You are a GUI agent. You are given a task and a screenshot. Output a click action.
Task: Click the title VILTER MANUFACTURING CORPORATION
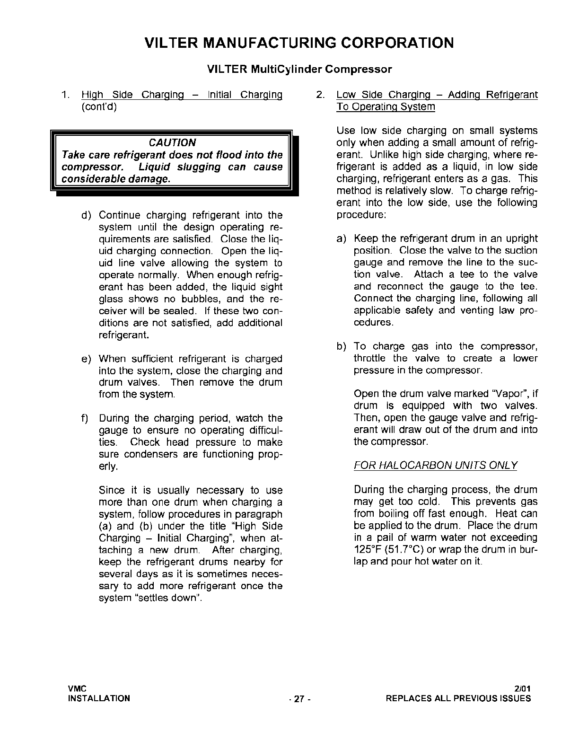tap(299, 43)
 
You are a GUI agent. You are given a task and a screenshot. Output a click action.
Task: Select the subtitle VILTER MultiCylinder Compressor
tap(299, 70)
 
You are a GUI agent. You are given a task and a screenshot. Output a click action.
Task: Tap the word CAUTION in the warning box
tap(172, 143)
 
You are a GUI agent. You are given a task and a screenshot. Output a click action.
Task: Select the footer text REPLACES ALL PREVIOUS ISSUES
tap(458, 698)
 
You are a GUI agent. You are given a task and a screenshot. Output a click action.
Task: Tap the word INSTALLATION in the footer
tap(99, 698)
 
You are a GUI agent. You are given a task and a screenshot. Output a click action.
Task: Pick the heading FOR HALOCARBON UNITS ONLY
tap(435, 466)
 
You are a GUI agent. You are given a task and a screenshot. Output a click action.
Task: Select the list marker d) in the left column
tap(86, 216)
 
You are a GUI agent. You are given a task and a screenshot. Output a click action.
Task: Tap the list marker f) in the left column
tap(85, 419)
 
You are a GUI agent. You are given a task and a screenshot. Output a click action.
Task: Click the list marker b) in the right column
tap(341, 347)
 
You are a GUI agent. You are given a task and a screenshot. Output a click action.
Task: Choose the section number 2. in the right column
tap(320, 95)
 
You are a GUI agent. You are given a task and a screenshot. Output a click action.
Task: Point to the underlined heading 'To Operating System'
tap(386, 107)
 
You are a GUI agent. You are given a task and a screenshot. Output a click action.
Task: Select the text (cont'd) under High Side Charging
tap(99, 107)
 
